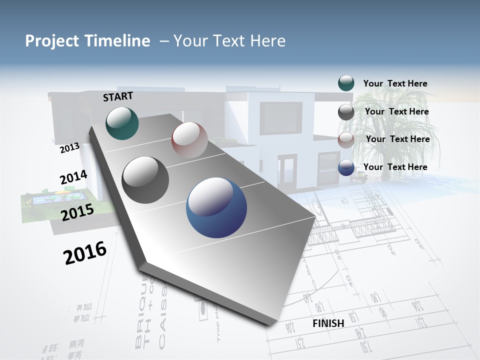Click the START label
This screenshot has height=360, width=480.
[x=118, y=96]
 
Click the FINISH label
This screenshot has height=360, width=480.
[x=328, y=323]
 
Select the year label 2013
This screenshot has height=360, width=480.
[x=69, y=148]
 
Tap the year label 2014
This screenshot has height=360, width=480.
[x=73, y=177]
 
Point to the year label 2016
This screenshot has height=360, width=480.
[x=85, y=253]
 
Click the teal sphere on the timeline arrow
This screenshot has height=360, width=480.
[x=122, y=123]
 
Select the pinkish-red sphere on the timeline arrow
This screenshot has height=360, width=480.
[x=189, y=140]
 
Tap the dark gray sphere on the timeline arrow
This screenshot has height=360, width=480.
[x=145, y=180]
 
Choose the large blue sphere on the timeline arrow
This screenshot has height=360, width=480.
[x=216, y=207]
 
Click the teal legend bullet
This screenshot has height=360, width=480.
[x=346, y=83]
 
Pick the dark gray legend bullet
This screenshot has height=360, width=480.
[x=346, y=112]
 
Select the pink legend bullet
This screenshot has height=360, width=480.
[x=346, y=140]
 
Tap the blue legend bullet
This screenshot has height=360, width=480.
[x=346, y=167]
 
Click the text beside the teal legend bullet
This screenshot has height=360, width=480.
[x=395, y=83]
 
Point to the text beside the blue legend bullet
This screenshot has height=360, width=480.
[x=395, y=167]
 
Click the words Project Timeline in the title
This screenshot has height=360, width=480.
[x=87, y=41]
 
